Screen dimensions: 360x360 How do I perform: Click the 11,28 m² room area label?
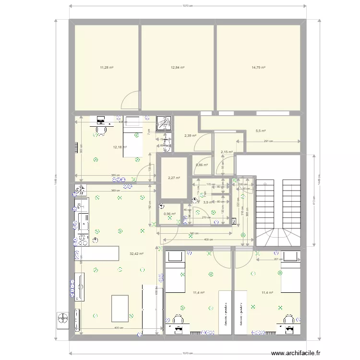[107, 68]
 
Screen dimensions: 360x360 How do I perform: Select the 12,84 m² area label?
[178, 68]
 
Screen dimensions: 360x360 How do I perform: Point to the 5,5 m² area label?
[261, 131]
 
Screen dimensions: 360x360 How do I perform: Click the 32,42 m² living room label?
[136, 253]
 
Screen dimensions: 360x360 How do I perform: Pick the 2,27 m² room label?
[174, 178]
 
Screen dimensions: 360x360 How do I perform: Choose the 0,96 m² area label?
[169, 214]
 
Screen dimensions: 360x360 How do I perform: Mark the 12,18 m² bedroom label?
[120, 147]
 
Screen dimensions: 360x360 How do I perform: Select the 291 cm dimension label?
[268, 141]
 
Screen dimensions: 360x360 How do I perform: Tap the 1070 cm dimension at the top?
[188, 6]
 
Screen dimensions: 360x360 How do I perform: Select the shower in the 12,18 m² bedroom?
[164, 123]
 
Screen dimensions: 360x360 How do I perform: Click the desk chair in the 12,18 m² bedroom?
[101, 130]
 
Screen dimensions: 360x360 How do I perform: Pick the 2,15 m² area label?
[227, 152]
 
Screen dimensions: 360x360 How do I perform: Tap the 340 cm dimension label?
[193, 234]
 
